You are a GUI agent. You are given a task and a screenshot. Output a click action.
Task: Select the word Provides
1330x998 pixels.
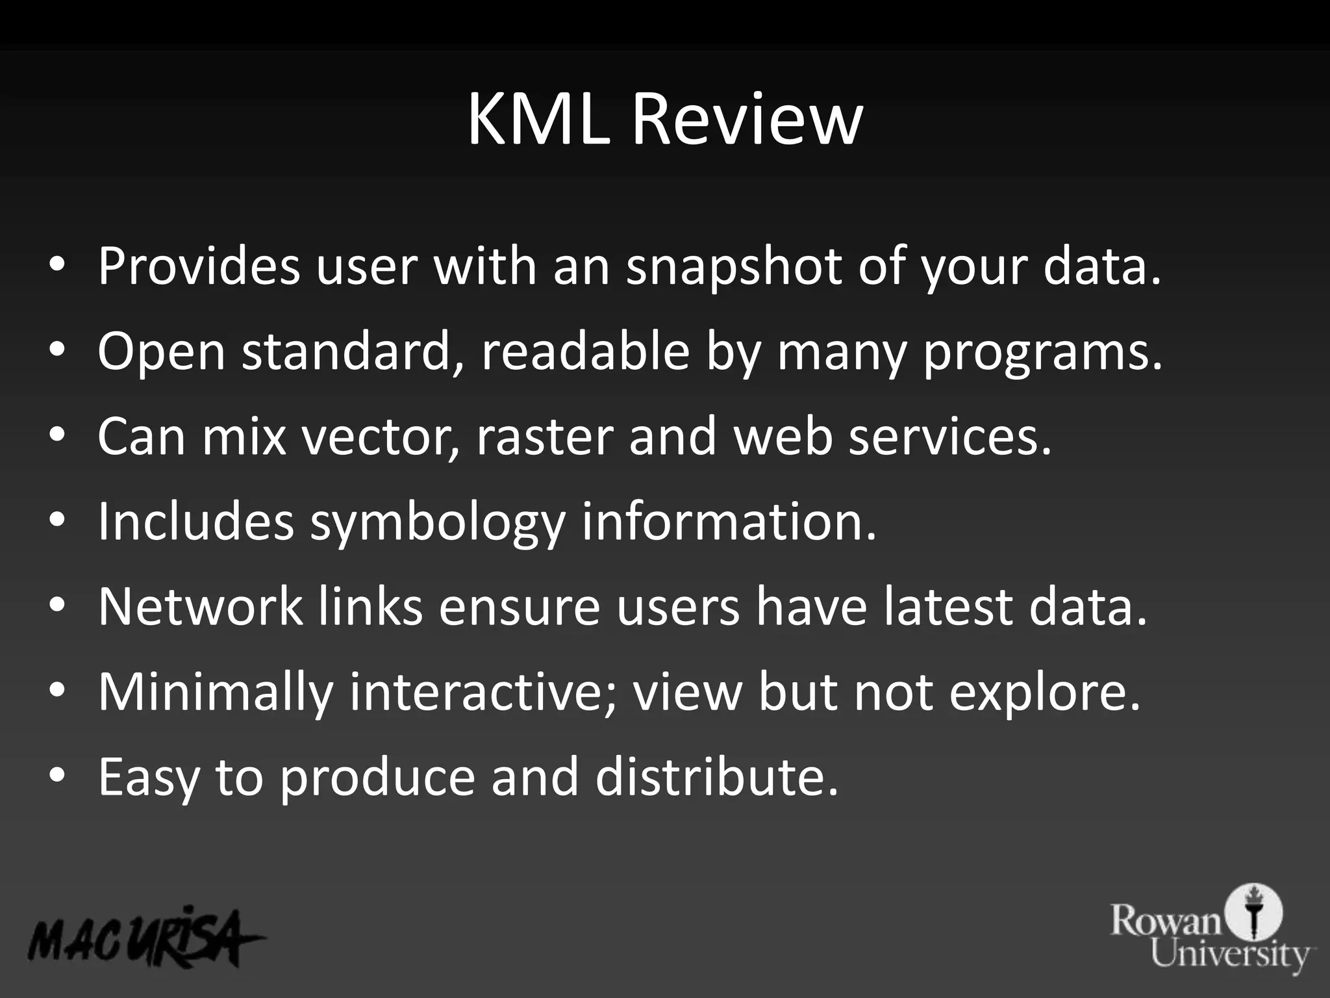coord(199,266)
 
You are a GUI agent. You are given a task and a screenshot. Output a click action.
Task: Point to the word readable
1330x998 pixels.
coord(585,352)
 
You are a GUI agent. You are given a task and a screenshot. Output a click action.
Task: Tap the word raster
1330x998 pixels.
coord(545,437)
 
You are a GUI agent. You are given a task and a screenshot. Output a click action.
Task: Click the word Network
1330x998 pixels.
coord(200,606)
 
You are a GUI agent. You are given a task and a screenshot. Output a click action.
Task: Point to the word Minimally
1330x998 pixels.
coord(215,693)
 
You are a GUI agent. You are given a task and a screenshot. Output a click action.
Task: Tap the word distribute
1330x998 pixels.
coord(716,777)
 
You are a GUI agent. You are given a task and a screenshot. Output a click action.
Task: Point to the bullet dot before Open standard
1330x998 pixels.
coord(57,350)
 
